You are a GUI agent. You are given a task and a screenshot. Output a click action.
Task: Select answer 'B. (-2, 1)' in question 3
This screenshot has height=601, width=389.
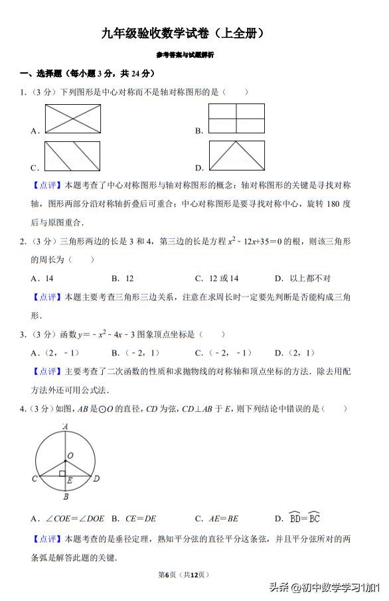[x=135, y=353]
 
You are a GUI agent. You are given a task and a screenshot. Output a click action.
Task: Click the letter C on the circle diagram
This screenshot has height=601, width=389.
[x=34, y=478]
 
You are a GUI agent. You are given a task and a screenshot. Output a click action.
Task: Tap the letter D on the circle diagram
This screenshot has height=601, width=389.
[x=96, y=478]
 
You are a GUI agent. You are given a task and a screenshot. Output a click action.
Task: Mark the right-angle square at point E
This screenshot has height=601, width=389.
[x=62, y=474]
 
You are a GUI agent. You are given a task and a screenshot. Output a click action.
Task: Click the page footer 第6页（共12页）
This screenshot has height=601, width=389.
[x=185, y=574]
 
